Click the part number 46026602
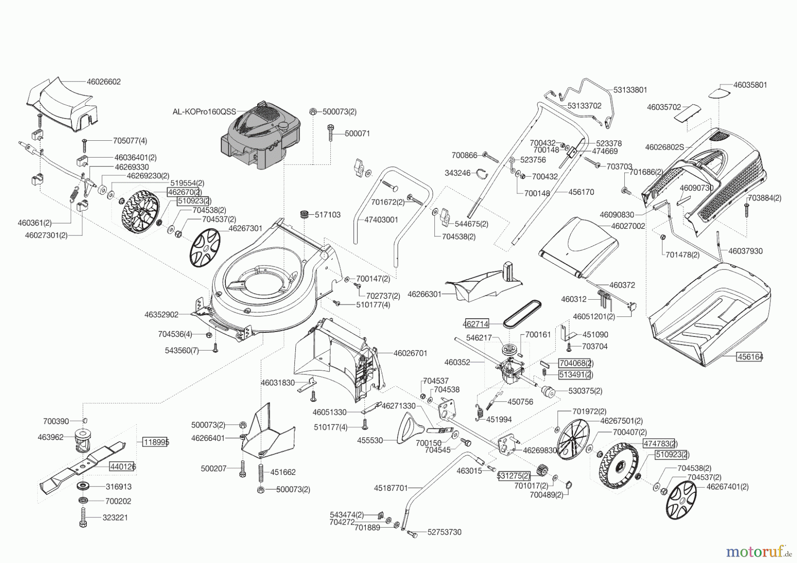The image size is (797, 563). coord(104,82)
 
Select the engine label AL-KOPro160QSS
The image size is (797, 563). coord(204,112)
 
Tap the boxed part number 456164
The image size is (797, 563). coord(750,356)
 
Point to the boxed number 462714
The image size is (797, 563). coord(476,324)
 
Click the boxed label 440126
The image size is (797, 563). coord(123,467)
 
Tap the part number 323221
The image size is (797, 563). coord(115,517)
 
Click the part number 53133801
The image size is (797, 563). coord(630,90)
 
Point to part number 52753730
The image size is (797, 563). coord(445,532)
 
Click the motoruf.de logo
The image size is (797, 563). coord(759,551)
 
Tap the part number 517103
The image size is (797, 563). coord(328,215)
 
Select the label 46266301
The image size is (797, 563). coord(424,294)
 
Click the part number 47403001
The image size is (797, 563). coord(381,220)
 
